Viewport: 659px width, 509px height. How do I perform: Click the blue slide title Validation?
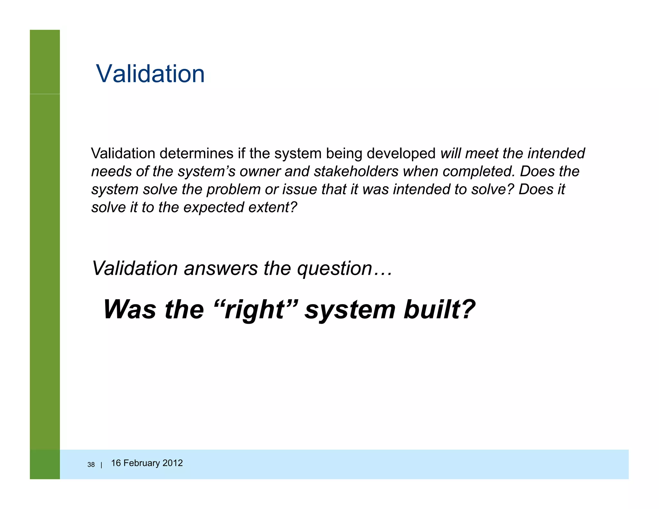pos(150,74)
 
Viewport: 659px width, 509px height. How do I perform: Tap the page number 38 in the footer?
pos(91,465)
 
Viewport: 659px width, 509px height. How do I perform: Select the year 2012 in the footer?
pos(173,463)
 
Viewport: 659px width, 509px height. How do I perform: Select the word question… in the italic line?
pos(345,268)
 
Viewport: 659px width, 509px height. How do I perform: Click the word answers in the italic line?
pos(221,268)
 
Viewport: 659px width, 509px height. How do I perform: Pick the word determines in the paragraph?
pos(196,153)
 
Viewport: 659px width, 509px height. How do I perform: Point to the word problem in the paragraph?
pos(233,190)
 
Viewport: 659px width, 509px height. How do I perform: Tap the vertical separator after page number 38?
pos(101,465)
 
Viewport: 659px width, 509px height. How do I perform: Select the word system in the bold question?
pos(350,310)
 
